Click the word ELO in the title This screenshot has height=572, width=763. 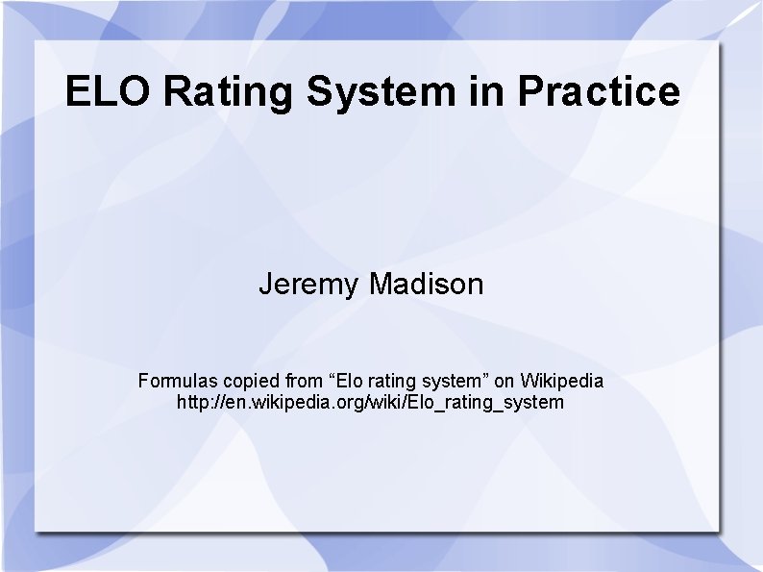point(109,92)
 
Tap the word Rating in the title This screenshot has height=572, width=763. point(229,92)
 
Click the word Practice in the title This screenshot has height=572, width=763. point(598,92)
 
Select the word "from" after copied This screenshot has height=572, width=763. point(306,381)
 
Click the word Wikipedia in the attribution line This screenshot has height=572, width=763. point(562,381)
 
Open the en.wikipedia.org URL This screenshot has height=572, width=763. point(371,402)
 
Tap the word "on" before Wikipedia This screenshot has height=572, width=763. point(504,381)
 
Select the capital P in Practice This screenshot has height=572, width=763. point(531,92)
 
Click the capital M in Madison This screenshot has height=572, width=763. point(380,285)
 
